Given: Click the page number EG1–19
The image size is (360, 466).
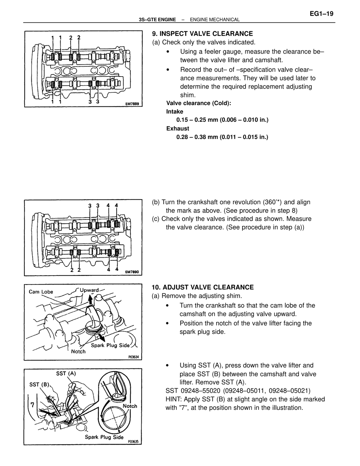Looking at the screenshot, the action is coord(322,14).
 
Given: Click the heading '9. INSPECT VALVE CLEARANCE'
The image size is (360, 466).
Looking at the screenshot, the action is coord(202,34).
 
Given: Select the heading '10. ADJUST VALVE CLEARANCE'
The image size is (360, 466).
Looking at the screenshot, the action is coord(202,287).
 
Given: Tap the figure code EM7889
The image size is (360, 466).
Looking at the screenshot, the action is coord(132,104).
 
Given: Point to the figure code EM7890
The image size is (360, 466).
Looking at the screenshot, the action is coord(132,272).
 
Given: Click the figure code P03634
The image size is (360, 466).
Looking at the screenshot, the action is coord(133,357).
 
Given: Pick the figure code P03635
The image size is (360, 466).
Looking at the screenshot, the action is coord(133,442).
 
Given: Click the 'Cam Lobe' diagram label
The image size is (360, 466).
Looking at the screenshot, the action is coord(41,292).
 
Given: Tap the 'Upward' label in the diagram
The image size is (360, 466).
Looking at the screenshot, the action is coord(89,290).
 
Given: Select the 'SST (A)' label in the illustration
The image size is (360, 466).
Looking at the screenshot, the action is coord(66,374).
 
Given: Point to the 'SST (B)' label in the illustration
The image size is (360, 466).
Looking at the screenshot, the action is coord(39,385).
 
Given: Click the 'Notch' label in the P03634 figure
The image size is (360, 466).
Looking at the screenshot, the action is coord(78,352).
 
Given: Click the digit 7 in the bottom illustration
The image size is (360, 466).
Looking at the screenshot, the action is coord(32,405).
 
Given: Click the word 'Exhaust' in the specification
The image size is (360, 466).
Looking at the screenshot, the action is coord(178,129).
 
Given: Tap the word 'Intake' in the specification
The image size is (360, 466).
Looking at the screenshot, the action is coord(175,111).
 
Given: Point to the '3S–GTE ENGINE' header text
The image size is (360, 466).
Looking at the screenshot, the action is coord(157,20).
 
